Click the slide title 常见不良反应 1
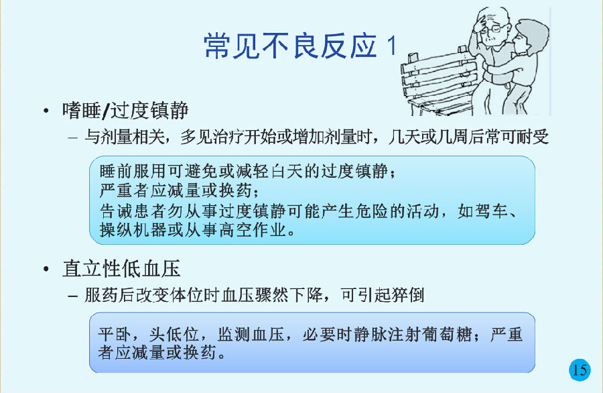[x=300, y=46]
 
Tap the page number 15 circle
[x=580, y=370]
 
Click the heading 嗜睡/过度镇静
[x=125, y=110]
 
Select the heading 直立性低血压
[x=121, y=268]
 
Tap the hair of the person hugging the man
[x=534, y=33]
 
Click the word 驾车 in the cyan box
[x=491, y=211]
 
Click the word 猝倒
[x=407, y=295]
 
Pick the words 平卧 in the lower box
[x=115, y=334]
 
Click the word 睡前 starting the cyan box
[x=116, y=171]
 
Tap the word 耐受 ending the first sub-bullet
[x=532, y=137]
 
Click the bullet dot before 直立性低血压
[x=46, y=269]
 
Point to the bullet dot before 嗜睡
[x=46, y=111]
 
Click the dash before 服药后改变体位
[x=72, y=296]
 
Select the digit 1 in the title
[x=391, y=46]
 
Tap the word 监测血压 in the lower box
[x=251, y=334]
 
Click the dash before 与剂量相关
[x=72, y=137]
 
